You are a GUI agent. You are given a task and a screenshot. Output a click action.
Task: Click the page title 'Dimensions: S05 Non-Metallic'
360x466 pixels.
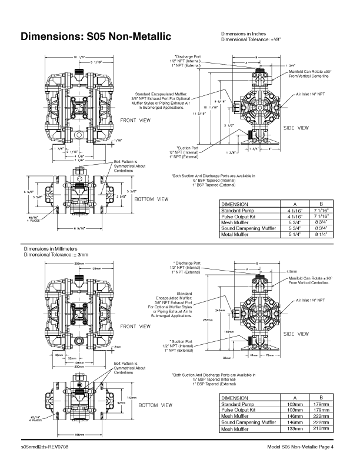(96, 37)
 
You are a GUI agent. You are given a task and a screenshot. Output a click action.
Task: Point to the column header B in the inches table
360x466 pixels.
(321, 204)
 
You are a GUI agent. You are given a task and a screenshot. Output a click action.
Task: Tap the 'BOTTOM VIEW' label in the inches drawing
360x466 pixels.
(152, 199)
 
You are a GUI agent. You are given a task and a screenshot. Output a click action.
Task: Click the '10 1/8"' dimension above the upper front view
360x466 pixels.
(78, 56)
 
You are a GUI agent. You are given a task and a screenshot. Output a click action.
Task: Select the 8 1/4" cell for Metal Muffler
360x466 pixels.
(321, 234)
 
